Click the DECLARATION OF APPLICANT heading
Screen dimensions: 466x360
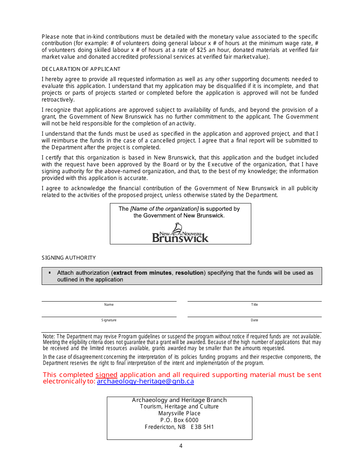(x=81, y=69)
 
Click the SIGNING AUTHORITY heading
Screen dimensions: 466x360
(x=69, y=258)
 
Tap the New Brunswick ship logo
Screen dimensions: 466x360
(x=180, y=233)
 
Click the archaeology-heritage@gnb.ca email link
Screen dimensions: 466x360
(x=145, y=382)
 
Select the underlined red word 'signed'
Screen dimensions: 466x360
(x=106, y=375)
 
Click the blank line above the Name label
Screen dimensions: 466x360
(x=109, y=301)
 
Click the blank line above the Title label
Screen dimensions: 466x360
(x=254, y=301)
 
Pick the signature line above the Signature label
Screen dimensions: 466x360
(x=109, y=316)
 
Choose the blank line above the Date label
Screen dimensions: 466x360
(x=254, y=316)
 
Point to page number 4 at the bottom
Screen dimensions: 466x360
(x=181, y=446)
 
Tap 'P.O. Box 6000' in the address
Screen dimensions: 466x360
(x=179, y=420)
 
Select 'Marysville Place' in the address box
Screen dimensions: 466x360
(x=179, y=413)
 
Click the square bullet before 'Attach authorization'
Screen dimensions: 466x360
(x=50, y=272)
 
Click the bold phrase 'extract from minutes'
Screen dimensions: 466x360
(x=142, y=273)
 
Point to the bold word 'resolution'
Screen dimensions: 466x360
(x=189, y=273)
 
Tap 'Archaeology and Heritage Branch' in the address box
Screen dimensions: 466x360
(x=179, y=400)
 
